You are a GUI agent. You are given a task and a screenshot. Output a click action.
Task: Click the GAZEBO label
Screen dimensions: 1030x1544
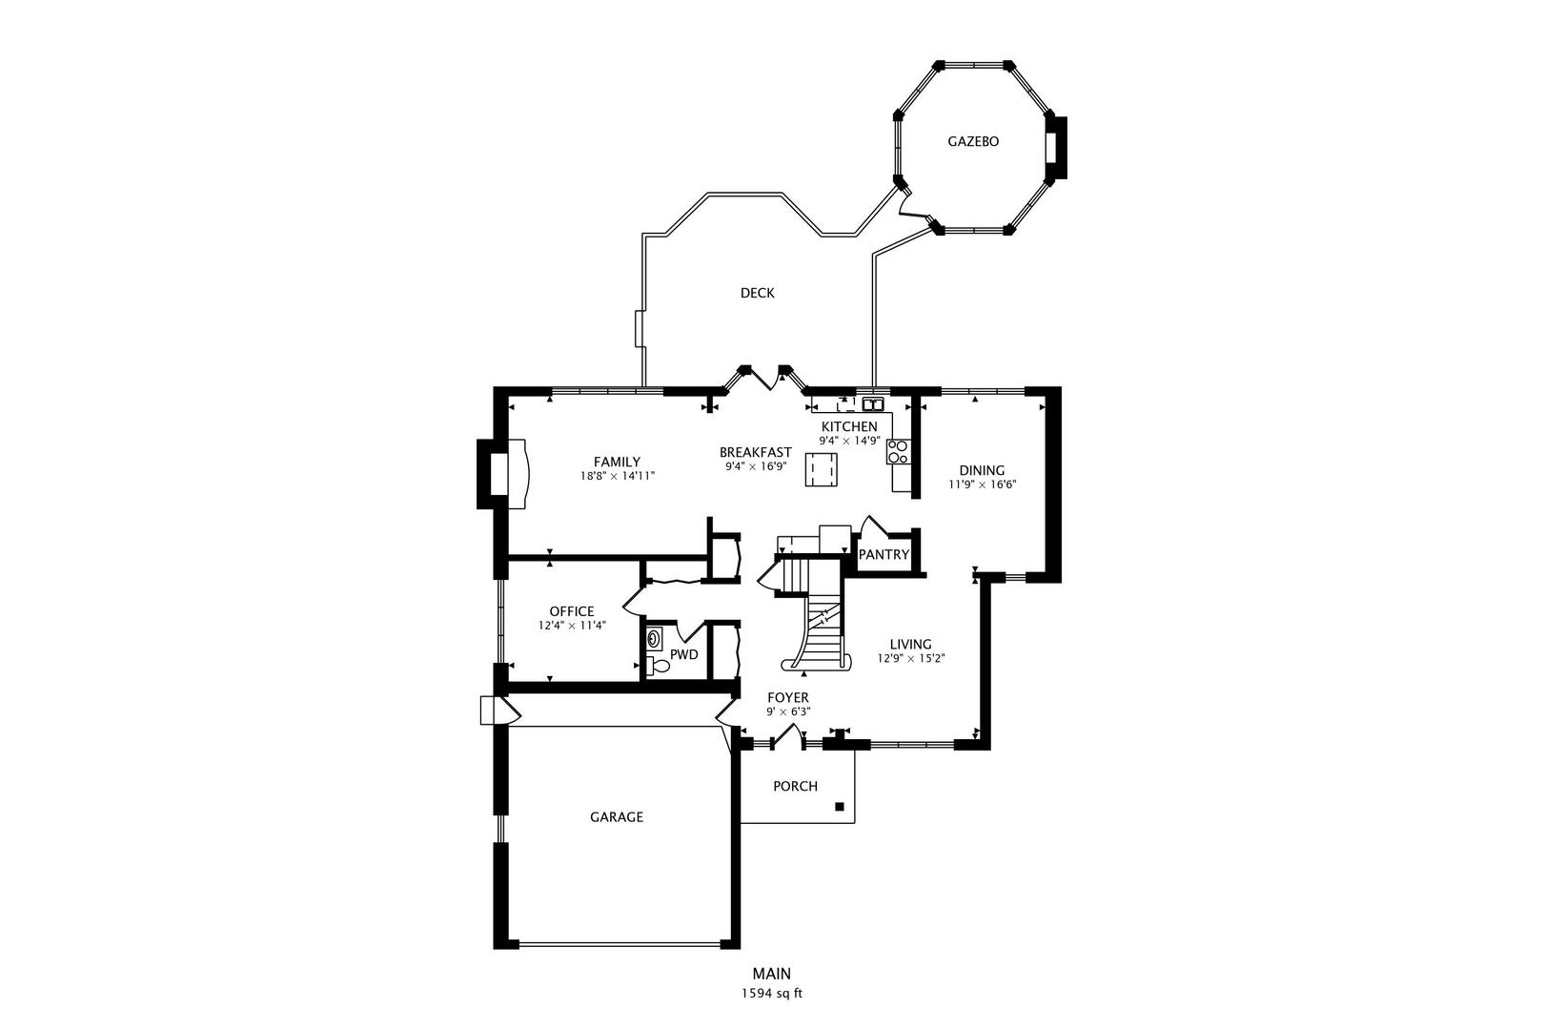(972, 141)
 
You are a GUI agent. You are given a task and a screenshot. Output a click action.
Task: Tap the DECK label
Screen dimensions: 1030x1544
(757, 293)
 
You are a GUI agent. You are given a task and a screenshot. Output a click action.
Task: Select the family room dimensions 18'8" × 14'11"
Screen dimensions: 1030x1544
(617, 475)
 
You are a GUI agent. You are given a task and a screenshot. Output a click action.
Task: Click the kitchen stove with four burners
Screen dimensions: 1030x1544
(898, 451)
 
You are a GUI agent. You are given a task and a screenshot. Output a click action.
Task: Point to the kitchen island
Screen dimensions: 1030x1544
(822, 469)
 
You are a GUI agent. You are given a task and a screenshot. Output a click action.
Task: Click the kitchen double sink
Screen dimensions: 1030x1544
(873, 403)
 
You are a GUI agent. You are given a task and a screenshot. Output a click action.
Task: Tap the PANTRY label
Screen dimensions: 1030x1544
(884, 554)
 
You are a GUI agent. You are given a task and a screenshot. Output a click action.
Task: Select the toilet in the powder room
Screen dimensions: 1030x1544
(658, 666)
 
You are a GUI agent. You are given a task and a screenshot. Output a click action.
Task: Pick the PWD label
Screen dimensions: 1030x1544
(683, 654)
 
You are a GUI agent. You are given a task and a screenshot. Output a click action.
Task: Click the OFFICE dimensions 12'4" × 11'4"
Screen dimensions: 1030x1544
(571, 626)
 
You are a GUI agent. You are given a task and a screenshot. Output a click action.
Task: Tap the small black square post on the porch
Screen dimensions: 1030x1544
(840, 807)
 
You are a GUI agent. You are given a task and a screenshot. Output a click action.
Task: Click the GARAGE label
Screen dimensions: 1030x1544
(616, 816)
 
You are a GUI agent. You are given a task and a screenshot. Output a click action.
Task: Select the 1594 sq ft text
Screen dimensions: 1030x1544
(771, 993)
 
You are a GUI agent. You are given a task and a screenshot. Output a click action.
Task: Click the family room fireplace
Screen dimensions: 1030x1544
(504, 474)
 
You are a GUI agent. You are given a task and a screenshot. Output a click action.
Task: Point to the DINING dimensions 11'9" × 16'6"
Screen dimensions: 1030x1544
(982, 484)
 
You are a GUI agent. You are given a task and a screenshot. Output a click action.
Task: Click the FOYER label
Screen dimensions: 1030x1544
(787, 697)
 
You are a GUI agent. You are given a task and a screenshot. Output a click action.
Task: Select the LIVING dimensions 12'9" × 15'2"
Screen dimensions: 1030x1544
(910, 658)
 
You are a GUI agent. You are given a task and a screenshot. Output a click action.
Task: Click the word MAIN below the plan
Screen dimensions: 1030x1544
(771, 974)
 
